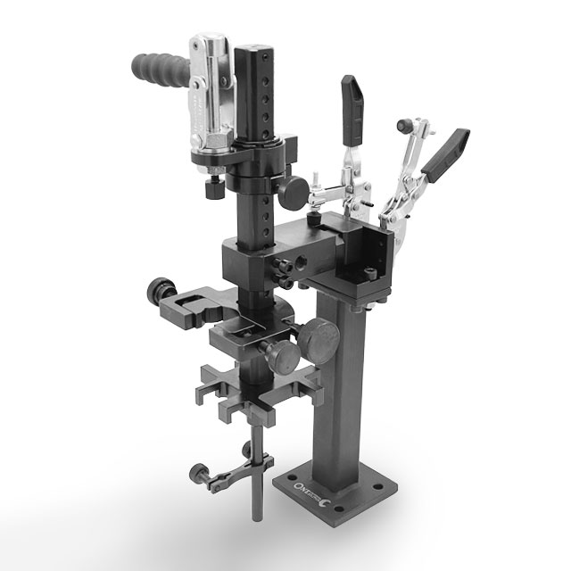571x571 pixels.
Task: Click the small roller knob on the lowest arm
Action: click(197, 470)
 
